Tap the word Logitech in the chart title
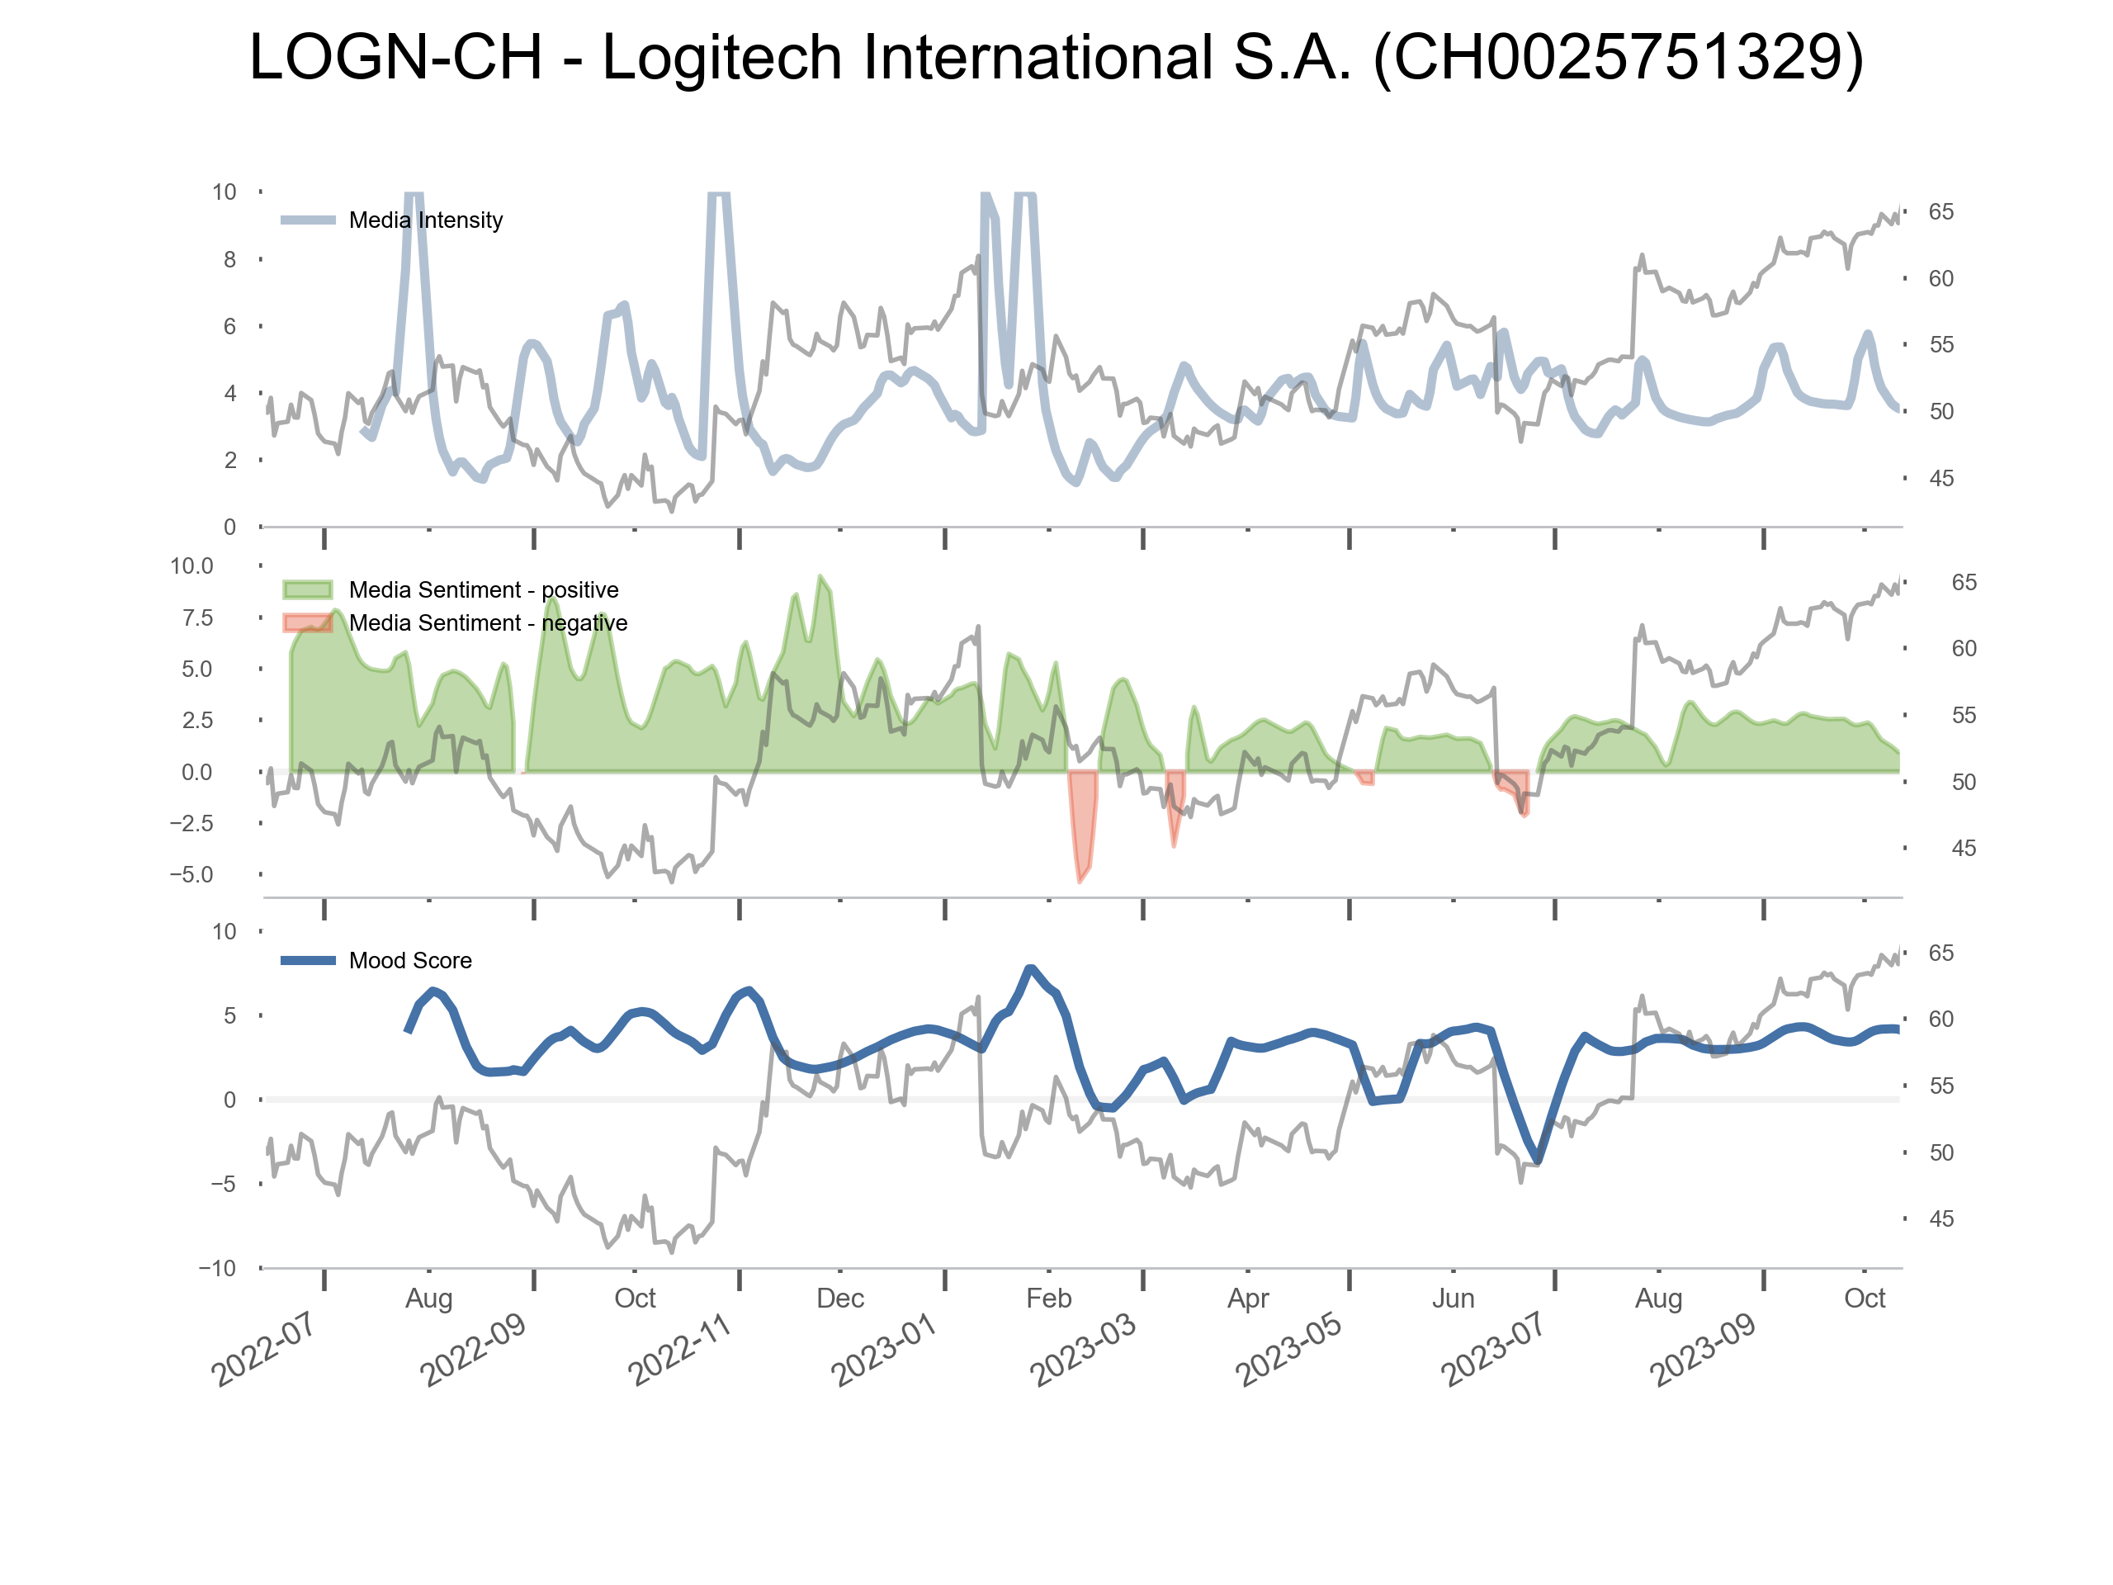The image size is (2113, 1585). pyautogui.click(x=721, y=57)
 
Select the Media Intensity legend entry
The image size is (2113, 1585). pyautogui.click(x=425, y=220)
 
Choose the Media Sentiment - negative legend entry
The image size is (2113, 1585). pyautogui.click(x=487, y=623)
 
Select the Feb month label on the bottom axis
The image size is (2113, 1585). pyautogui.click(x=1048, y=1299)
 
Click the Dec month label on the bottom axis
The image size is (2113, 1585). pyautogui.click(x=839, y=1299)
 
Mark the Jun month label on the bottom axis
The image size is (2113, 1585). pyautogui.click(x=1453, y=1299)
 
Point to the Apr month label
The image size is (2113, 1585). pyautogui.click(x=1247, y=1299)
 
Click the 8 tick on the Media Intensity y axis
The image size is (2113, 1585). pyautogui.click(x=229, y=260)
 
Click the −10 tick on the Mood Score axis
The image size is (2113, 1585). pyautogui.click(x=217, y=1269)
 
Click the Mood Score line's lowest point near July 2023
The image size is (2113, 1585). pyautogui.click(x=1537, y=1161)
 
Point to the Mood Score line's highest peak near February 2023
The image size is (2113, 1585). pyautogui.click(x=1030, y=969)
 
